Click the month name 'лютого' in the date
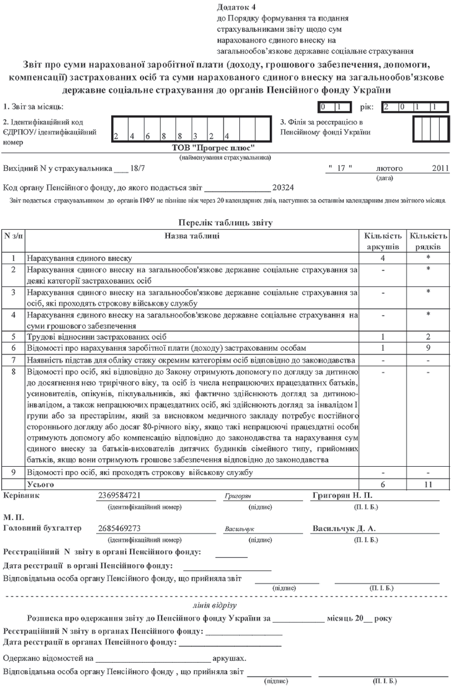(x=387, y=169)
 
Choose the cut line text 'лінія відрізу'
(x=225, y=605)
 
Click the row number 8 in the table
(x=13, y=371)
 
